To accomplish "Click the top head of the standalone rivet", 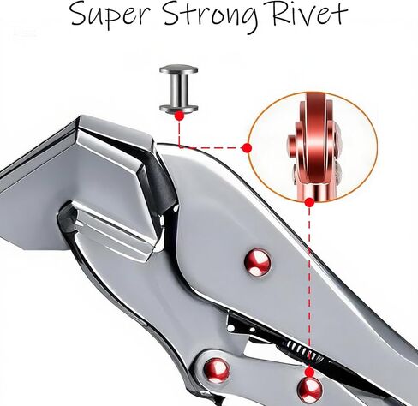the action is (179, 69).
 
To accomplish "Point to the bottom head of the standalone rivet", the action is (179, 108).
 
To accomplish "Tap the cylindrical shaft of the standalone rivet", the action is (179, 89).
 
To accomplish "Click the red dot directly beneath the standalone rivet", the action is (179, 116).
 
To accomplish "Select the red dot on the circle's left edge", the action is (247, 148).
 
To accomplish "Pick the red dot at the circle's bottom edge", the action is (309, 202).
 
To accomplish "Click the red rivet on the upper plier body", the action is (258, 262).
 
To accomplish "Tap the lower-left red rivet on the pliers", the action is (217, 370).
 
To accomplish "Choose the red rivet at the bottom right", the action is (310, 390).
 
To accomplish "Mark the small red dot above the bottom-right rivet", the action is (309, 372).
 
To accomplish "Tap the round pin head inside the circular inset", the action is (291, 142).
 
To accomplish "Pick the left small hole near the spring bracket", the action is (230, 328).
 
